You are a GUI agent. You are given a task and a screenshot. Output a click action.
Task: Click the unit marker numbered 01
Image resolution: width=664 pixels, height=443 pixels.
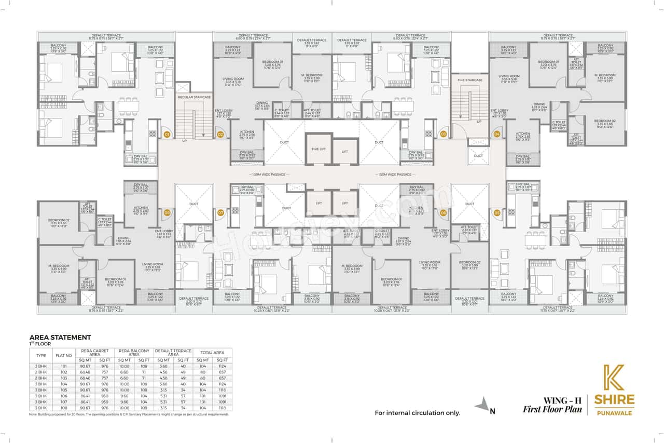(167, 135)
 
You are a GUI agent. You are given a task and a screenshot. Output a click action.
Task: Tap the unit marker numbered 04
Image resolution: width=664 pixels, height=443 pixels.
(497, 135)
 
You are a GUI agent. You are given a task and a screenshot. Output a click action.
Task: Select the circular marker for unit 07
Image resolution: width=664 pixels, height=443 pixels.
(220, 212)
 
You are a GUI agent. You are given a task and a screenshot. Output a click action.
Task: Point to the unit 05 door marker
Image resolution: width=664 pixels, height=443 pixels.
(497, 212)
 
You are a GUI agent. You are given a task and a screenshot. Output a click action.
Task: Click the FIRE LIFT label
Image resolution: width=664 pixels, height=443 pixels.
(319, 149)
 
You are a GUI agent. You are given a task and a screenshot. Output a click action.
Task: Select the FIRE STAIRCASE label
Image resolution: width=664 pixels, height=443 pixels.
(470, 80)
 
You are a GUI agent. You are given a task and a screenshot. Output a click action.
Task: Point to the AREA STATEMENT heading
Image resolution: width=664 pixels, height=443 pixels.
(60, 337)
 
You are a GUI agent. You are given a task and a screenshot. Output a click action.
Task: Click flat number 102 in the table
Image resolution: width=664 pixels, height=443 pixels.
(64, 372)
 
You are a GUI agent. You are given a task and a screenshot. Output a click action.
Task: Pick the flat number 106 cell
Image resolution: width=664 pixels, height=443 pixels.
(64, 396)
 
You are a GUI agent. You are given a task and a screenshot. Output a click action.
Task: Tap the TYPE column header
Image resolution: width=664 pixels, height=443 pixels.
(40, 356)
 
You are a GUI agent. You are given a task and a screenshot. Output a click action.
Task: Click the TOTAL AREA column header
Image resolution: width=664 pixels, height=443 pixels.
(213, 353)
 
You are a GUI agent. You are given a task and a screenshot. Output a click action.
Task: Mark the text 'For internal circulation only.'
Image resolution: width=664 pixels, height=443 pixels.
(417, 413)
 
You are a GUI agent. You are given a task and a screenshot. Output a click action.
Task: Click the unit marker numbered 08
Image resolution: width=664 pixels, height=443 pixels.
(167, 212)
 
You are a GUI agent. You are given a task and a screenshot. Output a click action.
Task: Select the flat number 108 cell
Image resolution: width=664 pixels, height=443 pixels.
(64, 408)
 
